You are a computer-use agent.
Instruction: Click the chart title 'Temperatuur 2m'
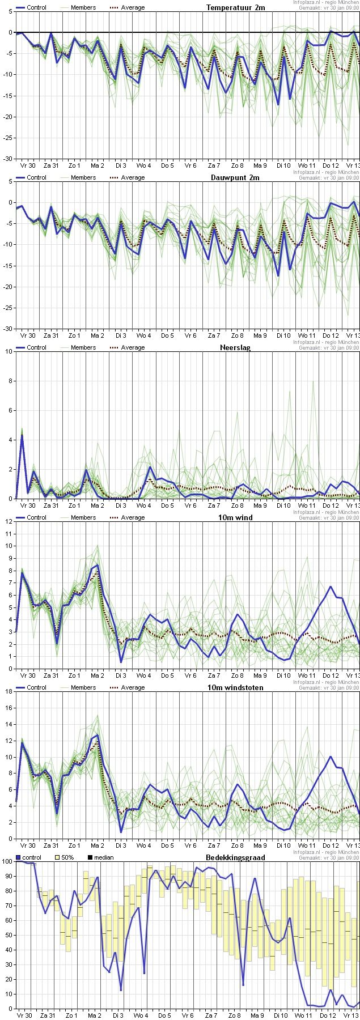pos(235,7)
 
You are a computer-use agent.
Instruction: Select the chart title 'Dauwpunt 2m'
pos(235,177)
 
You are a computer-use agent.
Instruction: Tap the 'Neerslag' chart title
pos(235,347)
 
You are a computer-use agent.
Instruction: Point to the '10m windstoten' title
pos(235,687)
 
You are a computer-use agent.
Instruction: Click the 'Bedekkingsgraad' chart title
pos(235,857)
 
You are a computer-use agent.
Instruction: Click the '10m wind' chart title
pos(235,517)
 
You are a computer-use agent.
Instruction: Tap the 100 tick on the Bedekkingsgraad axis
pos(7,861)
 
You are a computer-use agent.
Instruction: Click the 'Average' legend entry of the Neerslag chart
pos(133,347)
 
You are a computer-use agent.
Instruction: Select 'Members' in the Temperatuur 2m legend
pos(83,7)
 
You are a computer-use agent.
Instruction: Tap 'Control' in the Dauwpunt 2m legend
pos(36,177)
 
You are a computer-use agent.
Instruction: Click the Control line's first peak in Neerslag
pos(22,435)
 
